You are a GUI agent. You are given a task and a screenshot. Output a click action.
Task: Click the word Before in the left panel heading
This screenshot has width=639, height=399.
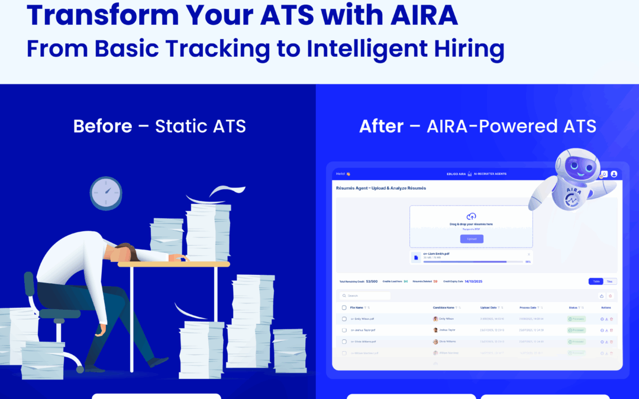[102, 126]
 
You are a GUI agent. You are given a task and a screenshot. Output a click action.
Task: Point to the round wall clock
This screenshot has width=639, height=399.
[106, 193]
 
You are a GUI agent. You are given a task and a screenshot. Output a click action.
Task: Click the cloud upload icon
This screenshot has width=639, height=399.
[472, 216]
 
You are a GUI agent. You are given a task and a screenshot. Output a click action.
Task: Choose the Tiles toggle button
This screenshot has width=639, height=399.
[609, 281]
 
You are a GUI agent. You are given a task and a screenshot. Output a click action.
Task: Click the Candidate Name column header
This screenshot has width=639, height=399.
[444, 307]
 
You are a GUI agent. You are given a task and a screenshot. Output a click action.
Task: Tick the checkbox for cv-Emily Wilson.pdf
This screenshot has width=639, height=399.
[344, 319]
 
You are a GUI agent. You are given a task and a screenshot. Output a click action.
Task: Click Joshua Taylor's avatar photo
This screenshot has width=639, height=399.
[435, 330]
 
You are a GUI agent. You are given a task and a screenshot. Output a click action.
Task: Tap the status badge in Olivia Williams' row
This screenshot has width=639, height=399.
[576, 341]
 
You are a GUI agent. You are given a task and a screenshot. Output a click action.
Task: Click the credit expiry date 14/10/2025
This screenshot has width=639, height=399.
[473, 281]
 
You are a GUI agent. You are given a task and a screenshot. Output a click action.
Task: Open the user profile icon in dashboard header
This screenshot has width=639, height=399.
[614, 174]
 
